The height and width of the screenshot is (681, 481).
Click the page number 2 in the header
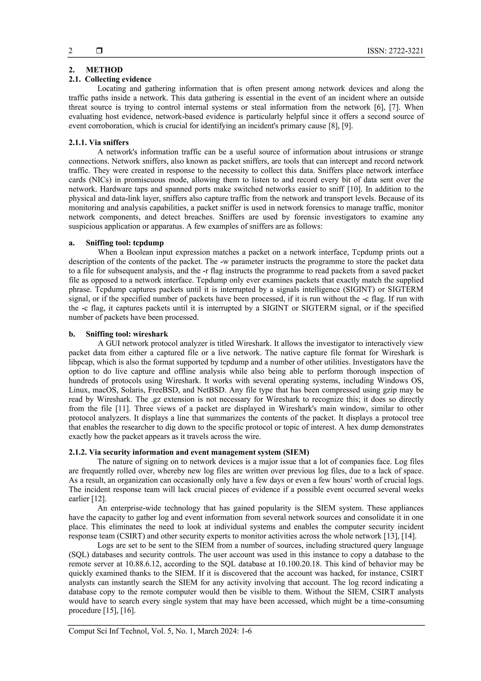tap(70, 51)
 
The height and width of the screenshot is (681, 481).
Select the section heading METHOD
tap(104, 70)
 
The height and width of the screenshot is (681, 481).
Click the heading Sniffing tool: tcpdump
tap(125, 243)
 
